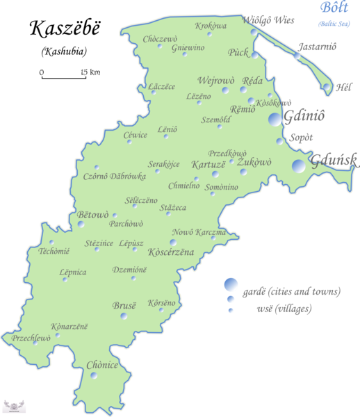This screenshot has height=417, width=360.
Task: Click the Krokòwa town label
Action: [x=211, y=26]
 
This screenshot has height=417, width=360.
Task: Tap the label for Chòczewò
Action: [x=160, y=40]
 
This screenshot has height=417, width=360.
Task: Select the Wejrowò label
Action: [x=216, y=81]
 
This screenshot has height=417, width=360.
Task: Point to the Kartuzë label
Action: [x=208, y=165]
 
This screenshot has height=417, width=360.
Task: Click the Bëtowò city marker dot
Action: [x=81, y=224]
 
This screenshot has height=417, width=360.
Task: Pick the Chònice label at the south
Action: [x=102, y=364]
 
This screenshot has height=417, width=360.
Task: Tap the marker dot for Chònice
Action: [x=93, y=376]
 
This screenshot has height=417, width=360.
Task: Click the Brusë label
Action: [x=125, y=305]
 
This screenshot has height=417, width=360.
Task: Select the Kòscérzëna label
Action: [x=171, y=252]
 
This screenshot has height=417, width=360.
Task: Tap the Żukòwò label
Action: [x=254, y=162]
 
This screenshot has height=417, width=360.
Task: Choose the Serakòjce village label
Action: [x=163, y=164]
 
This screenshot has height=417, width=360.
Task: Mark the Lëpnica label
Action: [x=73, y=272]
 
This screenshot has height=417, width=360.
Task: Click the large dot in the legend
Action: [x=231, y=284]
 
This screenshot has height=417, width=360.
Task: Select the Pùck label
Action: [x=238, y=52]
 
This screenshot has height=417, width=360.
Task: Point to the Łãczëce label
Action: [x=163, y=86]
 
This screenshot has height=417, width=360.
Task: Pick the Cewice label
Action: [x=136, y=135]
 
